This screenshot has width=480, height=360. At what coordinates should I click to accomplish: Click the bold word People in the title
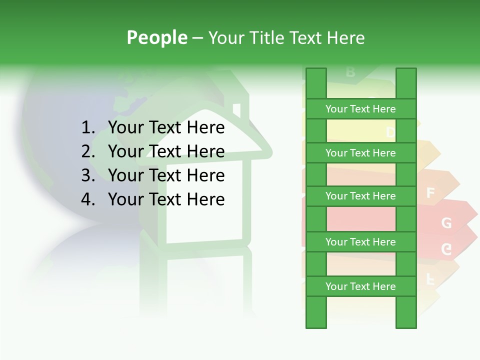(x=157, y=37)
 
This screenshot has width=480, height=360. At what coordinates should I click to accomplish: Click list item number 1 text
(x=166, y=128)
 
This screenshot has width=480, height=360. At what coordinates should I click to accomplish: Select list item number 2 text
(x=166, y=151)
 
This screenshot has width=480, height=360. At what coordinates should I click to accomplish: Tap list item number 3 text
(x=166, y=175)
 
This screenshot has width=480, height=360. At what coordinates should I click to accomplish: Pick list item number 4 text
(x=166, y=199)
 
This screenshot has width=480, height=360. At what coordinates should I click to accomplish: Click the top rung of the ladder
(x=360, y=109)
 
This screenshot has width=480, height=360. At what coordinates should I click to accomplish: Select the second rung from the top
(x=360, y=153)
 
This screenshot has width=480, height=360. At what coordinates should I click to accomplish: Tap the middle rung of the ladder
(x=360, y=196)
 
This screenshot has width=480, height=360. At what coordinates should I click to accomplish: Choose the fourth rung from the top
(x=360, y=242)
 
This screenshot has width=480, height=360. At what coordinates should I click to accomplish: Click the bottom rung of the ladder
(x=360, y=286)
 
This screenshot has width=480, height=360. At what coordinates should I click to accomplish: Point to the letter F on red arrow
(x=430, y=193)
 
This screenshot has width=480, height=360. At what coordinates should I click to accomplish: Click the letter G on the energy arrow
(x=446, y=223)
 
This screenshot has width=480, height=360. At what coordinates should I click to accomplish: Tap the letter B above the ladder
(x=350, y=72)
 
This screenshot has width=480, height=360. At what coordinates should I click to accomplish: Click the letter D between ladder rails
(x=390, y=132)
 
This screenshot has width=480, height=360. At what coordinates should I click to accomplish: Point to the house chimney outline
(x=236, y=110)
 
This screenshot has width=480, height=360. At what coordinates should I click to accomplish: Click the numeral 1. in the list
(x=87, y=128)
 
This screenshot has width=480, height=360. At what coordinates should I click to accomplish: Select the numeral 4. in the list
(x=87, y=199)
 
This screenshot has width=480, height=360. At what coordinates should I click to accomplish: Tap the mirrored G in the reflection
(x=446, y=249)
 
